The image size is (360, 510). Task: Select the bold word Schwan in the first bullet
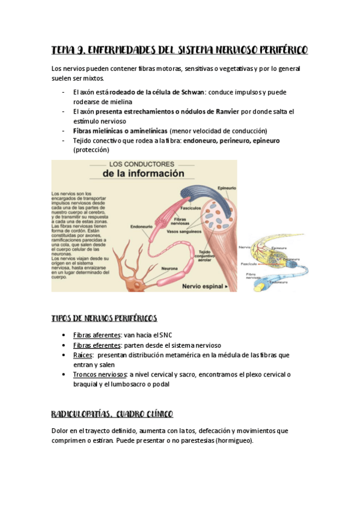pyautogui.click(x=192, y=93)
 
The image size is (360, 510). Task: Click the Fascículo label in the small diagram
pyautogui.click(x=249, y=263)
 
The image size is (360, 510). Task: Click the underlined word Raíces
pyautogui.click(x=82, y=355)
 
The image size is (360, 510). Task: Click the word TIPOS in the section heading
pyautogui.click(x=63, y=318)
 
